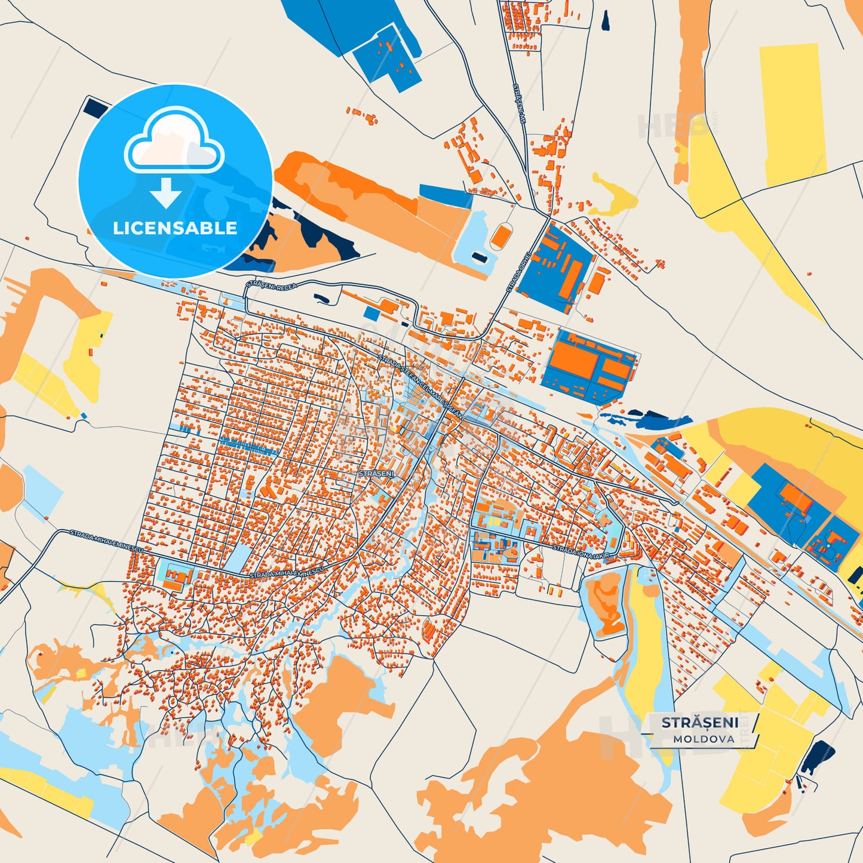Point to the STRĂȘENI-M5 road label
pyautogui.click(x=518, y=103)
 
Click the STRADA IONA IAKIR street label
pyautogui.click(x=581, y=551)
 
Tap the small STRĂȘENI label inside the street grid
pyautogui.click(x=376, y=473)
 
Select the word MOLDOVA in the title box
pyautogui.click(x=704, y=739)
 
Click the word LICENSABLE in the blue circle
pyautogui.click(x=175, y=228)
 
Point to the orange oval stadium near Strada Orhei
pyautogui.click(x=500, y=236)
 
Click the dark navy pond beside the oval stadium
pyautogui.click(x=479, y=257)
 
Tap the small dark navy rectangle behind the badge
pyautogui.click(x=93, y=107)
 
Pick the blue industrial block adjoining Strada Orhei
pyautogui.click(x=554, y=267)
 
